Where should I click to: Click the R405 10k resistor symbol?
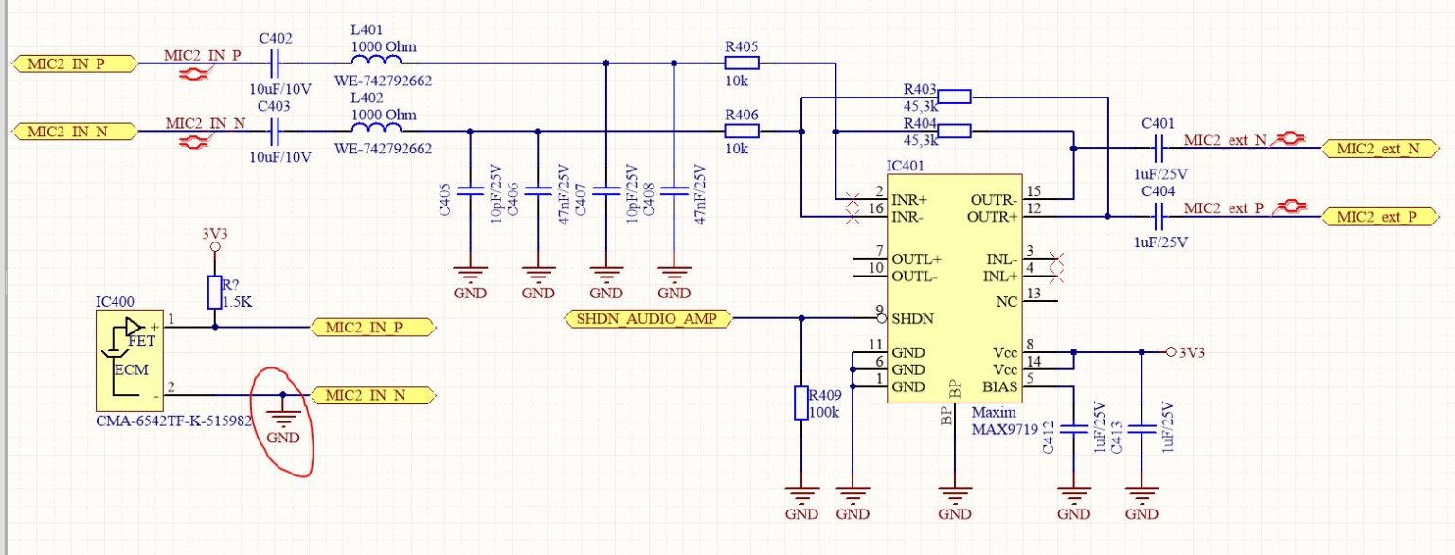click(x=742, y=63)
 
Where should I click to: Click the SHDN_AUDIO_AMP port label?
click(x=651, y=319)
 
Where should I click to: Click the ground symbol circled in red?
click(x=282, y=413)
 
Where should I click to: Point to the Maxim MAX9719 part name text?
click(x=994, y=421)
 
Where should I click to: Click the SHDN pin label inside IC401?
click(x=913, y=319)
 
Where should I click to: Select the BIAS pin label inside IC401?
click(x=1000, y=386)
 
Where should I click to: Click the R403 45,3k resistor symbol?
click(x=955, y=96)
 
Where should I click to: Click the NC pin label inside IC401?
click(x=1008, y=302)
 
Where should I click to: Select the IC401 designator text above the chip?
click(x=907, y=166)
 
